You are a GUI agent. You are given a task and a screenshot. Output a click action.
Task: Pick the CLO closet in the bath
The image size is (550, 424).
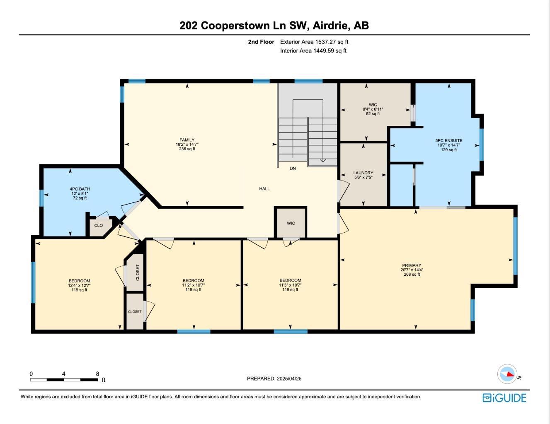coord(98,226)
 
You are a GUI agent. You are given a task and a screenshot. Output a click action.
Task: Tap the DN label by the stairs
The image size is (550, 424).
coord(293,169)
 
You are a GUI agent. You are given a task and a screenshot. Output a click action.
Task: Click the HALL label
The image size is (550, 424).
coord(264,189)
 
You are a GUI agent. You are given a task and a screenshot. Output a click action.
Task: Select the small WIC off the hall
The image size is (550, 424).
coord(291,223)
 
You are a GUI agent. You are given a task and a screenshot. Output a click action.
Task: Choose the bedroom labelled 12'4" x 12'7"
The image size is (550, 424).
coord(79,285)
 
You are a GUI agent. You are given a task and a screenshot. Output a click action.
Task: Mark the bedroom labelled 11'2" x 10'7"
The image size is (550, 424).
coord(193,285)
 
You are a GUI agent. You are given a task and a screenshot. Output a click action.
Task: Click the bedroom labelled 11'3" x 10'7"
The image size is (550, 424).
coord(290,285)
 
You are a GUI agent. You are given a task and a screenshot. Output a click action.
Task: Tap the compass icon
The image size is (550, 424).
coord(507,374)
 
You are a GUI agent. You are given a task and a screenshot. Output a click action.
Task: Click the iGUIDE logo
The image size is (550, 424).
coord(504,398)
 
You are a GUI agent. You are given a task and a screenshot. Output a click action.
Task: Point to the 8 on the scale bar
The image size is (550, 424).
coord(97,374)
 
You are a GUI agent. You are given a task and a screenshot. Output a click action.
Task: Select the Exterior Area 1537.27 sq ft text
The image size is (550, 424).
coord(314,42)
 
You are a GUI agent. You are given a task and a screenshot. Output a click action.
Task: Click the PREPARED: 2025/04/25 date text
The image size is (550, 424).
coord(274,378)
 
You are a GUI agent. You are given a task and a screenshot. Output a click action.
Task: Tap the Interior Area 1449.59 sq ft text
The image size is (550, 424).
coord(313,51)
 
